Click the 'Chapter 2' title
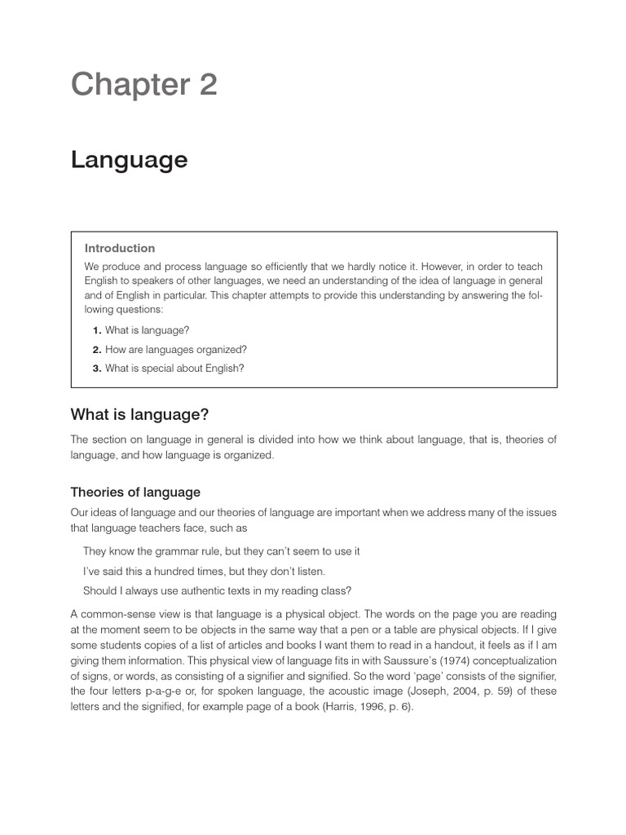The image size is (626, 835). tap(144, 84)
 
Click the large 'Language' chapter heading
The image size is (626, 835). tap(129, 160)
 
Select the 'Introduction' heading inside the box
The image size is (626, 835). tap(120, 248)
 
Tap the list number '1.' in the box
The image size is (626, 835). tap(96, 330)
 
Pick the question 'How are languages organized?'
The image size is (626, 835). tap(175, 349)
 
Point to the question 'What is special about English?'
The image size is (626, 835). tap(174, 368)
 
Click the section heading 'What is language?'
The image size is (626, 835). tap(139, 415)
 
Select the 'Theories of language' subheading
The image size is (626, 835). tap(135, 493)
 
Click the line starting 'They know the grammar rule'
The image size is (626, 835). tap(222, 551)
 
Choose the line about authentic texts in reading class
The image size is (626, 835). tap(229, 590)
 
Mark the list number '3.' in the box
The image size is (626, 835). tap(96, 368)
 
